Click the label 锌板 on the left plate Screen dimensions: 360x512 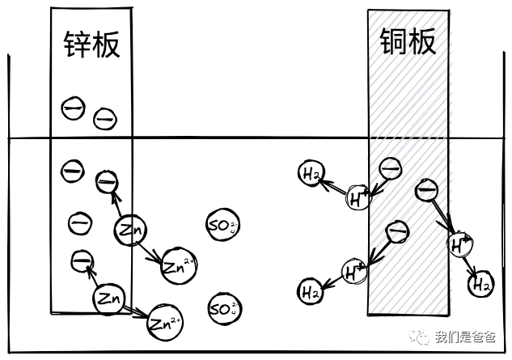click(91, 44)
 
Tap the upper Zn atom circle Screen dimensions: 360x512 click(130, 231)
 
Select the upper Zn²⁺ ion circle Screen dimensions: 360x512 click(179, 265)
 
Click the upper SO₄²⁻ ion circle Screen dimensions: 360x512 click(222, 226)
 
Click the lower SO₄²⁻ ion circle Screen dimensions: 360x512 click(223, 307)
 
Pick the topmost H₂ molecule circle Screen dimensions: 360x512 click(312, 173)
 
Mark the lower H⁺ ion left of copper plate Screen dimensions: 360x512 click(353, 272)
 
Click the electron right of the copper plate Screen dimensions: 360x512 click(426, 191)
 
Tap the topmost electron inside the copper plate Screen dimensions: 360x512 click(390, 168)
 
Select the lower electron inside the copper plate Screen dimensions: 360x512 click(396, 232)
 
